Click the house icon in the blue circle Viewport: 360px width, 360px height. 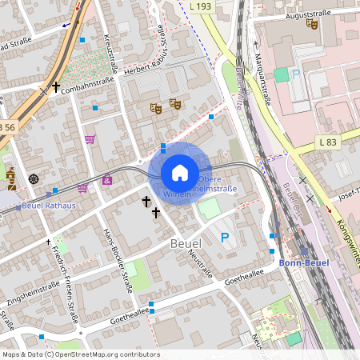pyautogui.click(x=180, y=172)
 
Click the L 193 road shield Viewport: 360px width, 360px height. pyautogui.click(x=202, y=6)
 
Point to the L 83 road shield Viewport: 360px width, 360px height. pyautogui.click(x=326, y=142)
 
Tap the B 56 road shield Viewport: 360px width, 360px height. pyautogui.click(x=7, y=126)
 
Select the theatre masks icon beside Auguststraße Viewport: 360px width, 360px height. pyautogui.click(x=312, y=25)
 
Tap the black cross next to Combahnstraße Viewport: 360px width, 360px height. pyautogui.click(x=55, y=87)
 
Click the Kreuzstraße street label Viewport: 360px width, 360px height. pyautogui.click(x=109, y=53)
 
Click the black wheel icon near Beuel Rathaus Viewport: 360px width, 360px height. pyautogui.click(x=34, y=178)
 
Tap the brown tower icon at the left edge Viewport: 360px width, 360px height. pyautogui.click(x=10, y=177)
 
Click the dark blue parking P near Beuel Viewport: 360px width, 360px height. pyautogui.click(x=225, y=237)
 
